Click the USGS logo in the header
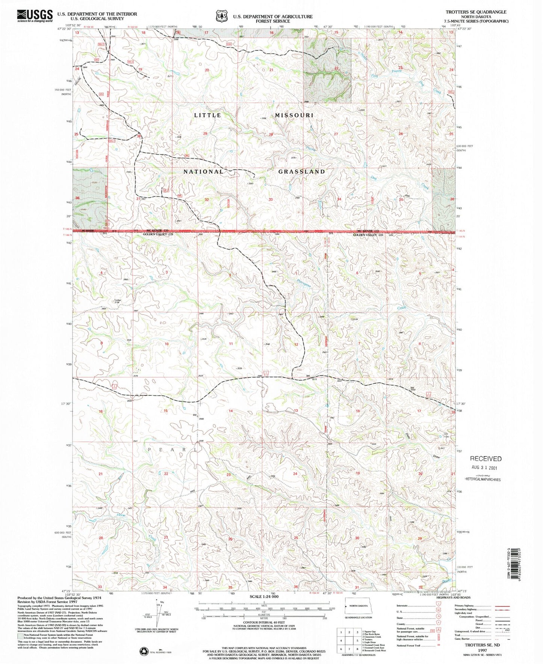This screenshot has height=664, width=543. click(35, 16)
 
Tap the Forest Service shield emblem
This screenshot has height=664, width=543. click(221, 17)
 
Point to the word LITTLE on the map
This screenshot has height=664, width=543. click(208, 115)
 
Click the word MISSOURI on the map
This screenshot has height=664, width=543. click(294, 115)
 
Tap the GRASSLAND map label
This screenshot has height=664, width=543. click(302, 172)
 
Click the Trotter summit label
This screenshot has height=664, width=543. click(118, 300)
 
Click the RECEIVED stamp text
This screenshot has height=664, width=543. click(486, 459)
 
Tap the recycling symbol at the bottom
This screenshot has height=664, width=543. click(144, 651)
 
